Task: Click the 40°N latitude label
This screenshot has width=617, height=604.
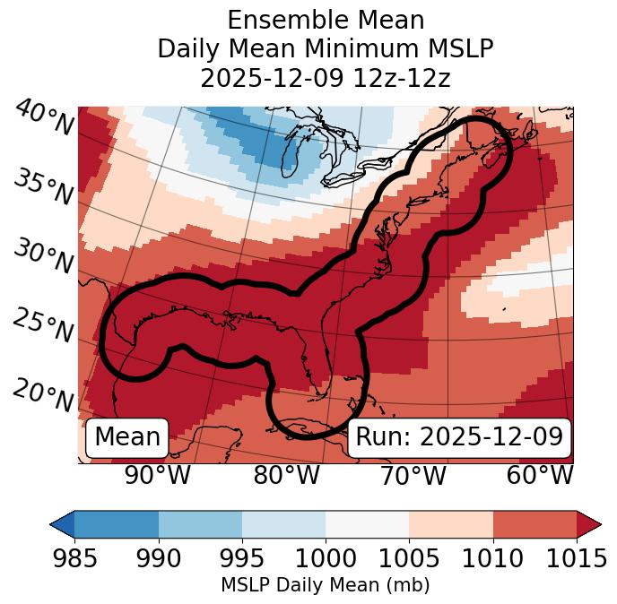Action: (44, 118)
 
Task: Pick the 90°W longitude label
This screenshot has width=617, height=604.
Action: (157, 475)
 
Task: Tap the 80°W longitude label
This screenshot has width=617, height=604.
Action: (286, 475)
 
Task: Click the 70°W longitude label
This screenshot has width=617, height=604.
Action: (413, 475)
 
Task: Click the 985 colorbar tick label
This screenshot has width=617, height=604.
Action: (74, 558)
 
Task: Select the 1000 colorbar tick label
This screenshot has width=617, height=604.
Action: (325, 558)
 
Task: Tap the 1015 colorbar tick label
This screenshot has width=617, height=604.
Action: (575, 558)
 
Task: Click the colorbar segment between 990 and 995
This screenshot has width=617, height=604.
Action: (200, 523)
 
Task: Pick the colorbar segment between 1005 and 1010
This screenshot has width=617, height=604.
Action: (450, 523)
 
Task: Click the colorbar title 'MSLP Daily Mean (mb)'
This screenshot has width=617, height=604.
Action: (325, 585)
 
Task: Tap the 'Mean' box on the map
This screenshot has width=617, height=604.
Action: (127, 437)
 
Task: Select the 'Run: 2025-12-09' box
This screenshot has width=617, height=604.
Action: (459, 437)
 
